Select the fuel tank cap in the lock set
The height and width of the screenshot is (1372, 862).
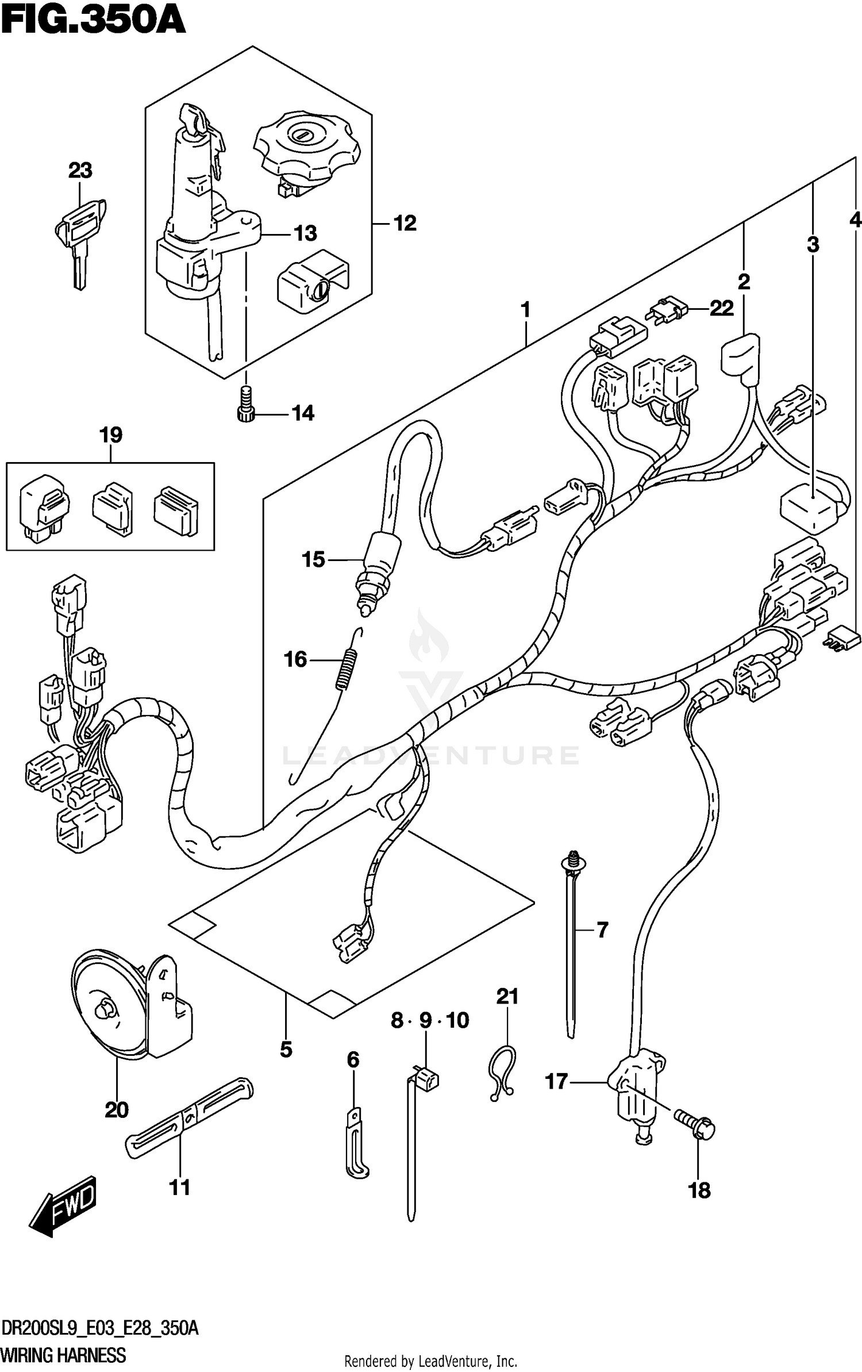[307, 147]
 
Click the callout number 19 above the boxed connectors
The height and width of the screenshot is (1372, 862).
[111, 435]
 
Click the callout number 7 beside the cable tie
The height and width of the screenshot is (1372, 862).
[602, 929]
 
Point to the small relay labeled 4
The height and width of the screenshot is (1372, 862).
[844, 640]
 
